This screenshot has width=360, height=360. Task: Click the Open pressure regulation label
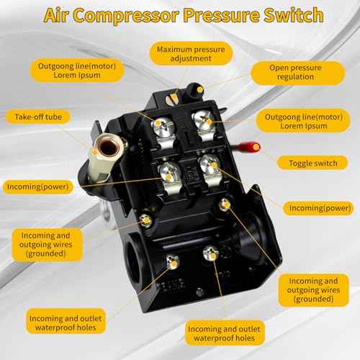[296, 72]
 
